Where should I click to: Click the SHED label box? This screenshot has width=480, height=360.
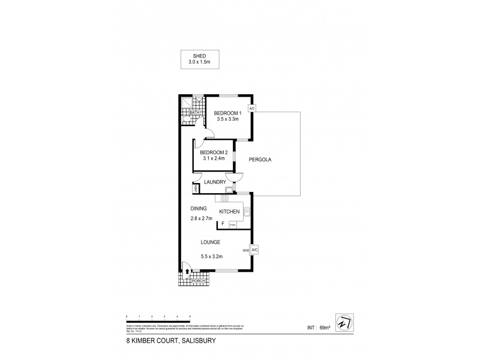point(199,58)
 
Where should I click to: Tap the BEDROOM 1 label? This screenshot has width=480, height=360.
point(228,113)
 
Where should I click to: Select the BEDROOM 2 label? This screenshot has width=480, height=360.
point(215,153)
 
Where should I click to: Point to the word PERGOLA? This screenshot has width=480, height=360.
point(262,160)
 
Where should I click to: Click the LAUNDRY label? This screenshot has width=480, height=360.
point(214,182)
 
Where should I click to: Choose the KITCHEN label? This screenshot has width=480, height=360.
point(229,212)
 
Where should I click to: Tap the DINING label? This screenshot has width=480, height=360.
point(199,208)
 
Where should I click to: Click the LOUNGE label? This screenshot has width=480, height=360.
point(211,242)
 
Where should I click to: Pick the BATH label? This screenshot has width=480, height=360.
point(194,113)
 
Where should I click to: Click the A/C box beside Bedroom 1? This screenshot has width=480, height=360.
point(252,109)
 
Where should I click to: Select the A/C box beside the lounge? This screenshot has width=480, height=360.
point(254,250)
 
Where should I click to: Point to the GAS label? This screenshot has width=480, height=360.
point(245,250)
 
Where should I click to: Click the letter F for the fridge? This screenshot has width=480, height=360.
point(223,224)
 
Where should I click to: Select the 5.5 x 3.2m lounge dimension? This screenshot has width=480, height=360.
point(211,256)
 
